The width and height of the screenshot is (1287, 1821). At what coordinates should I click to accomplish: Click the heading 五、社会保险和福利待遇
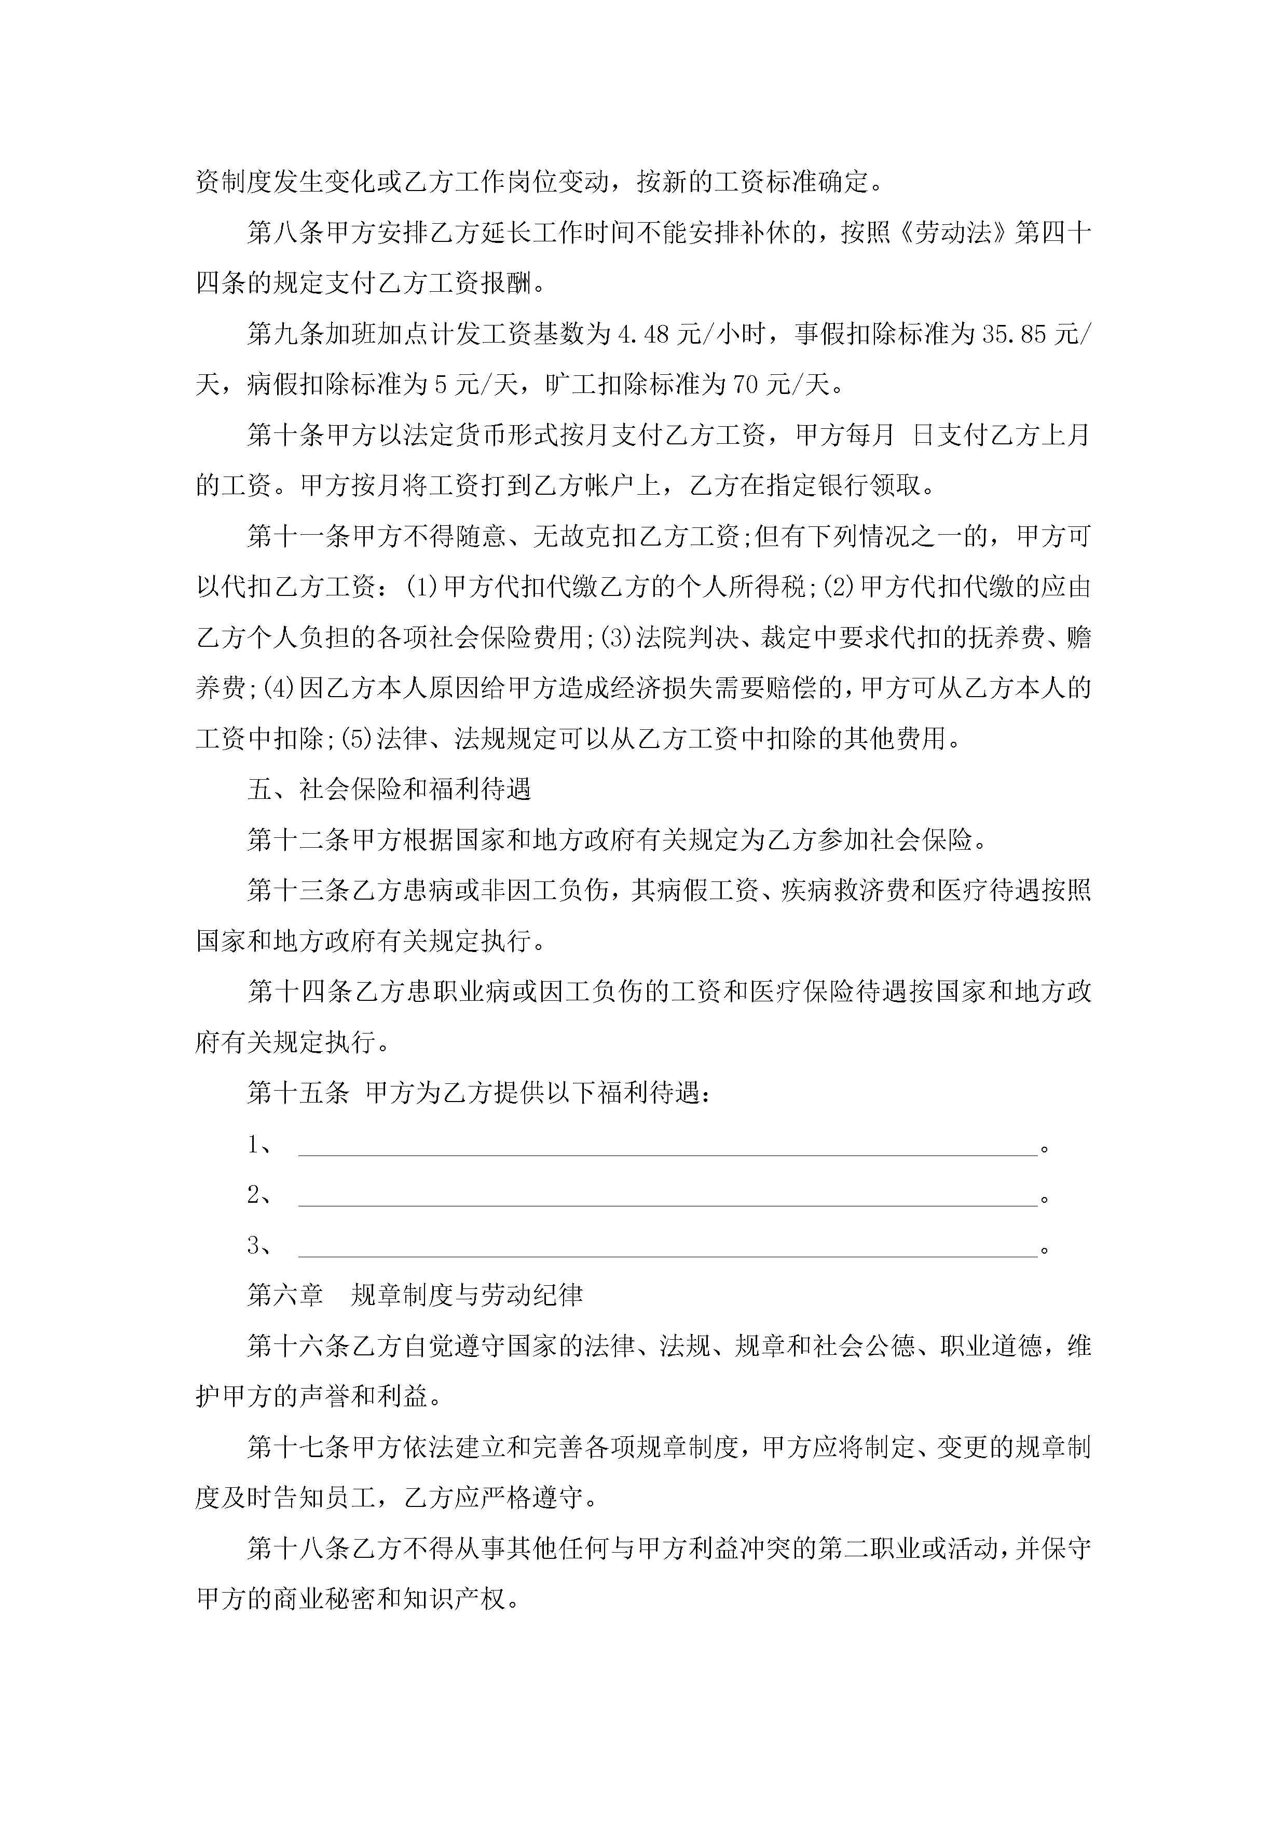[389, 789]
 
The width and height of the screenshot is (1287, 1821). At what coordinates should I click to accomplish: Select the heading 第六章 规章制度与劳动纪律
[415, 1295]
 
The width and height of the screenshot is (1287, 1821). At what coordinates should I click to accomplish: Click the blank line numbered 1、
[667, 1145]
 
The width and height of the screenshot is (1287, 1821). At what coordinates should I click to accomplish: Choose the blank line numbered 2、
[667, 1196]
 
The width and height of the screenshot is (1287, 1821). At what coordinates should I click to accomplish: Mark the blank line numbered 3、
[667, 1246]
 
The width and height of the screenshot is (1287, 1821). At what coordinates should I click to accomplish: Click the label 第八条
[285, 233]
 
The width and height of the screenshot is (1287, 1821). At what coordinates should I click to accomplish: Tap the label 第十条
[285, 436]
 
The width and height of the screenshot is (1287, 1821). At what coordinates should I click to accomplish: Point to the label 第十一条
[298, 537]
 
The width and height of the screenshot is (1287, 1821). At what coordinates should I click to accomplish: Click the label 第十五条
[298, 1093]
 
